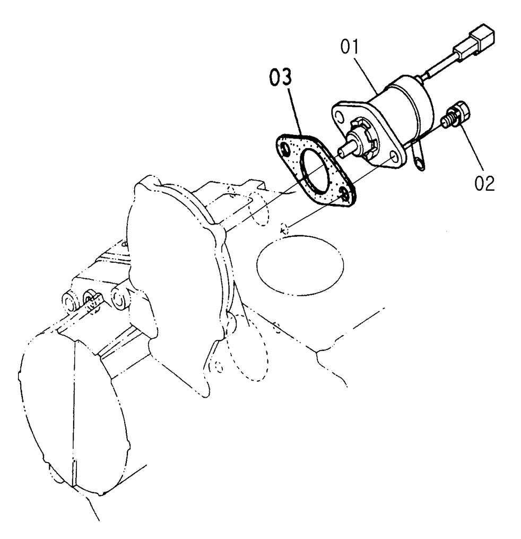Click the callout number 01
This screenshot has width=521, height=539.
(x=349, y=47)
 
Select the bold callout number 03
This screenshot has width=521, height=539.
(x=281, y=77)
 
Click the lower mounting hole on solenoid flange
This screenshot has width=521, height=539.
(x=394, y=157)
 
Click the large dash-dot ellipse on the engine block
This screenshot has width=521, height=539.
(x=300, y=266)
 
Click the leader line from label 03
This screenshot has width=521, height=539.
(x=296, y=110)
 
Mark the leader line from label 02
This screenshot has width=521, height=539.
(x=473, y=148)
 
